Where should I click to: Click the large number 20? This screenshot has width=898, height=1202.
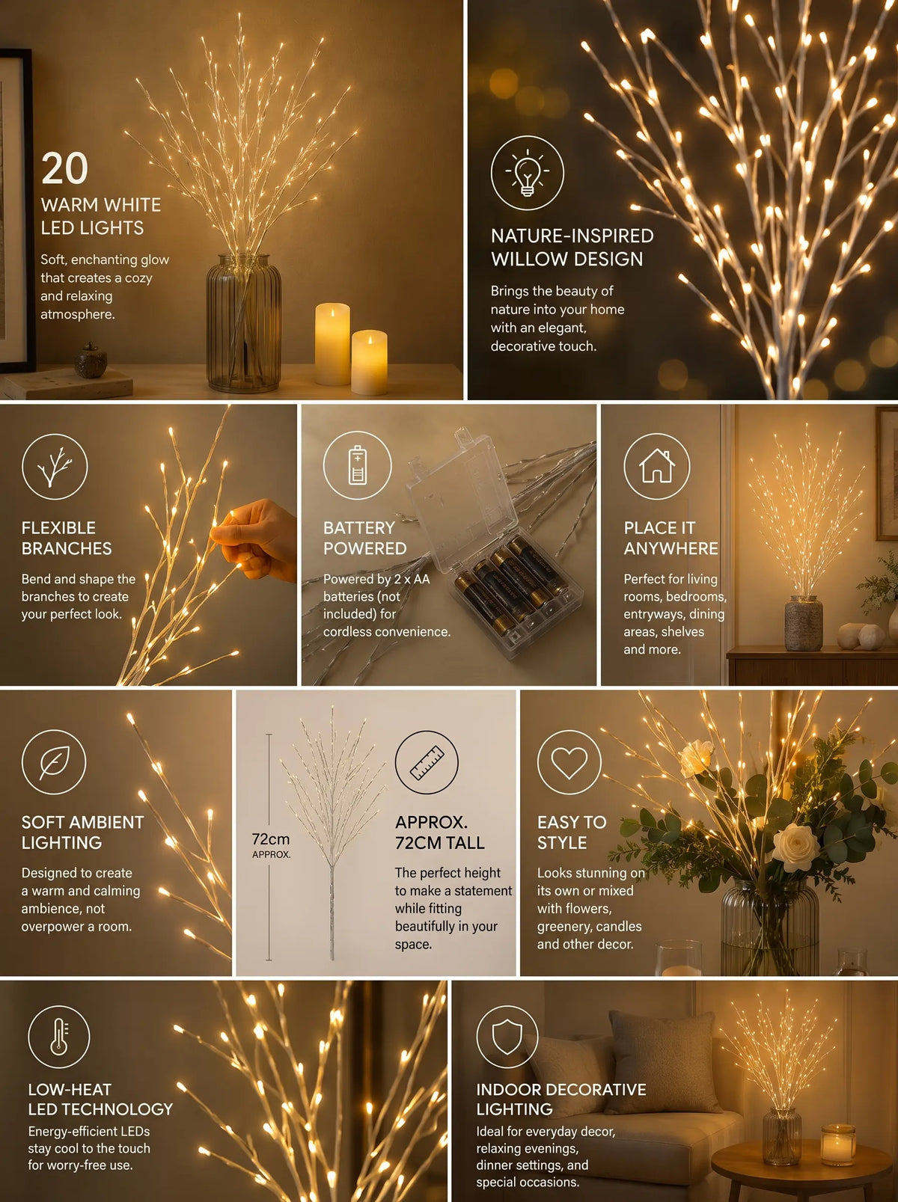point(64,168)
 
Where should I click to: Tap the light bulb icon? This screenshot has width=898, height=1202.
point(527,173)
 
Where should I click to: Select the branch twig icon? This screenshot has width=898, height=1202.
point(54,467)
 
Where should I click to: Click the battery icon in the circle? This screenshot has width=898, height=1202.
point(357,465)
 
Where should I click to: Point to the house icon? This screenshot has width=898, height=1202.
point(657,466)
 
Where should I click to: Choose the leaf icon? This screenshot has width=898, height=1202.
point(54,761)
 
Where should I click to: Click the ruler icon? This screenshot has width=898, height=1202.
point(427,762)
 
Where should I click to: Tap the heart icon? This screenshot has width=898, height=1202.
point(569,762)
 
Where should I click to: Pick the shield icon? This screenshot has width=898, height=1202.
point(507,1036)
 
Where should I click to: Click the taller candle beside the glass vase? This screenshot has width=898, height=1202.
point(332,344)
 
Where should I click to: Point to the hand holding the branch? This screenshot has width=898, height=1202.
point(257,540)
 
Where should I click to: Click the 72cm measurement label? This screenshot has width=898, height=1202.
point(271,839)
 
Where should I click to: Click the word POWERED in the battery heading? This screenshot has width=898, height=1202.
point(365,548)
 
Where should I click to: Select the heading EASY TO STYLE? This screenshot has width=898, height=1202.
point(572,832)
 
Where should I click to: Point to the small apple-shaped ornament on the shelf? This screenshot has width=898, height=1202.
point(91,361)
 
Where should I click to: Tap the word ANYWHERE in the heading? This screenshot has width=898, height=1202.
point(671,548)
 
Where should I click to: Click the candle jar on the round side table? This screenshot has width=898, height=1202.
point(838,1144)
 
